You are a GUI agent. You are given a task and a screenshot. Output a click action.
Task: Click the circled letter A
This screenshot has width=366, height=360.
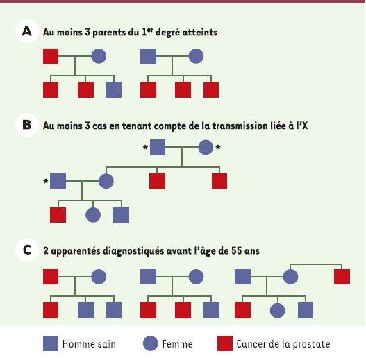(x=27, y=31)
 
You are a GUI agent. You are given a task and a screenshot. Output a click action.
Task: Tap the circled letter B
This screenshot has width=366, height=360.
(x=27, y=125)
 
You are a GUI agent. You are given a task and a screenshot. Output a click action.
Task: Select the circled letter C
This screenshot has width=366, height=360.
(x=27, y=250)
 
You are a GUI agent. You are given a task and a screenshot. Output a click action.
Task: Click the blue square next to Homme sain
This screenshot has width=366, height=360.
(x=51, y=343)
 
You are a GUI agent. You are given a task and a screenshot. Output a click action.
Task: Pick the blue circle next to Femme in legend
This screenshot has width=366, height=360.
(x=151, y=343)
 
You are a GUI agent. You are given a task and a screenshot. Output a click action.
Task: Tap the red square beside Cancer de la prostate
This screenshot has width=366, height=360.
(x=225, y=343)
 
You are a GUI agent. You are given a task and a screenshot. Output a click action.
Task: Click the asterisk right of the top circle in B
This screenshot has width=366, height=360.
(x=218, y=148)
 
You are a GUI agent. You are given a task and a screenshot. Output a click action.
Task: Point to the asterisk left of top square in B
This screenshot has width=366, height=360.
(x=145, y=148)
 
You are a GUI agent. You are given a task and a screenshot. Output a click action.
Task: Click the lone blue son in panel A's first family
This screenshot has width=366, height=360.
(x=114, y=89)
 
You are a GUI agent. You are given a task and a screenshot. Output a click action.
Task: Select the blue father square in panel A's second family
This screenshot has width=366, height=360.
(x=148, y=56)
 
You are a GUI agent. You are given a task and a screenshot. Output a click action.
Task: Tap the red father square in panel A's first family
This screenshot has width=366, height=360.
(x=51, y=56)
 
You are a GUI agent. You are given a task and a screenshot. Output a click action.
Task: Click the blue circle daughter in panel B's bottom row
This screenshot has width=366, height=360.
(x=93, y=215)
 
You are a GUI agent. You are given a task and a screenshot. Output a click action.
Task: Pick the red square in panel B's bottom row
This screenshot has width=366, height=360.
(x=58, y=215)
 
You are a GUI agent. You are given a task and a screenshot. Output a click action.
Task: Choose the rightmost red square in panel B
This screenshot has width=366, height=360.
(x=219, y=181)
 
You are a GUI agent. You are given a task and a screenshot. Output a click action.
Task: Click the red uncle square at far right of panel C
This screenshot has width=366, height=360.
(x=342, y=277)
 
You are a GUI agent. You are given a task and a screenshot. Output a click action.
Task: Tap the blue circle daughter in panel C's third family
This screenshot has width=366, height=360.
(x=278, y=311)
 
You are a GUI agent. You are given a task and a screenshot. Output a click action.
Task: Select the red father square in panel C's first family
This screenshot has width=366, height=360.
(x=51, y=277)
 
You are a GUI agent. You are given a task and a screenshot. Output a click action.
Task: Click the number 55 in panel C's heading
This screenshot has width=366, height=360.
(x=237, y=251)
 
